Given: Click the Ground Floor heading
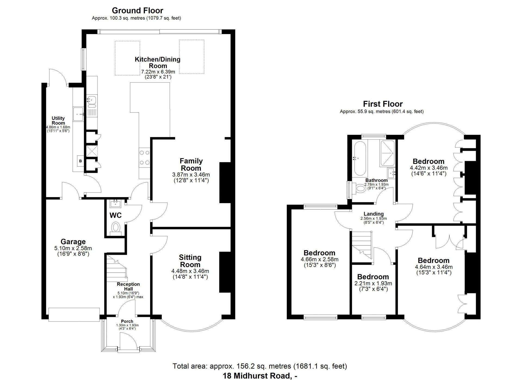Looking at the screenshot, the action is [138, 11].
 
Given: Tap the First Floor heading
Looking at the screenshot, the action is [383, 104].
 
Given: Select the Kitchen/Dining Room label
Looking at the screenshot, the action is [158, 63].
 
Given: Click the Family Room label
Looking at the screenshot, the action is [191, 164].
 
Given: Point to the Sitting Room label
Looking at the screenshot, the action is [190, 261].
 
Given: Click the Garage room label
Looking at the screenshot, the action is [73, 242].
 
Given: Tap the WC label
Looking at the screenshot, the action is [115, 215].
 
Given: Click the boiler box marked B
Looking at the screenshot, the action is [80, 161].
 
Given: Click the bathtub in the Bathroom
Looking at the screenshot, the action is [360, 158].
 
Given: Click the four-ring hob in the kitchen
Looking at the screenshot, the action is [144, 158].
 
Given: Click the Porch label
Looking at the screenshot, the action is [127, 321].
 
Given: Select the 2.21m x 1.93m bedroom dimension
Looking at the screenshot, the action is [373, 283].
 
